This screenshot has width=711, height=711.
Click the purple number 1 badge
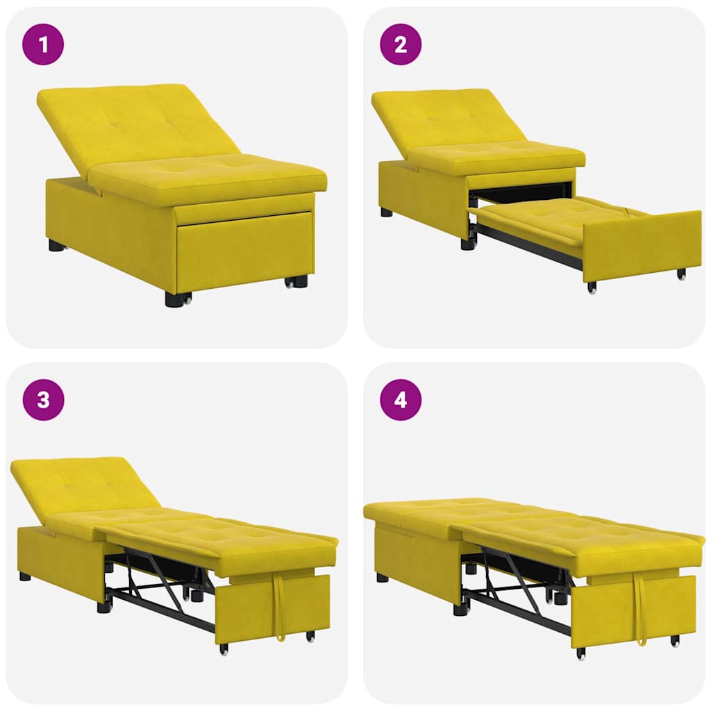pyautogui.click(x=44, y=45)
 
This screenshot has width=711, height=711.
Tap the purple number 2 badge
pyautogui.click(x=401, y=45)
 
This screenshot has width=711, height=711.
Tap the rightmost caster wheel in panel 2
pyautogui.click(x=682, y=274)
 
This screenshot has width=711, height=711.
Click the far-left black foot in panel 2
pyautogui.click(x=386, y=212)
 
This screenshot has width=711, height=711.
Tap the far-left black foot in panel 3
pyautogui.click(x=25, y=576)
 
